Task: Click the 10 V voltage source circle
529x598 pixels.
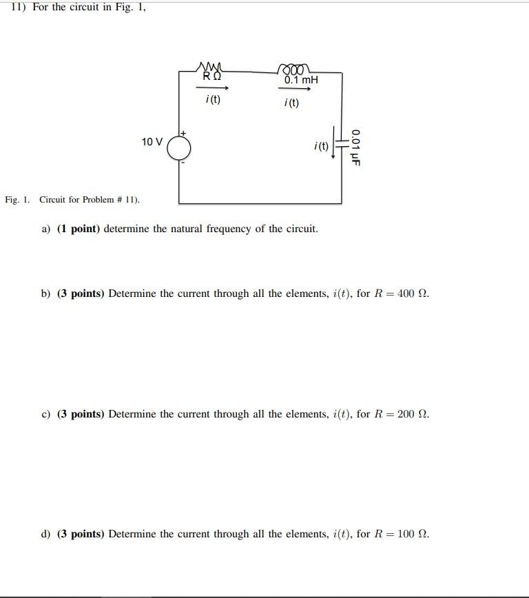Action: [x=179, y=146]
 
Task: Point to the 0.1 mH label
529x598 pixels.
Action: [x=301, y=80]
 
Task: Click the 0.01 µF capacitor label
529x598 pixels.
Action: [x=355, y=147]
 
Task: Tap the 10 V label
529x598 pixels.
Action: [x=152, y=142]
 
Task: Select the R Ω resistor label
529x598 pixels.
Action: [x=212, y=76]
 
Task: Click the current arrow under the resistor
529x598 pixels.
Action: [x=212, y=88]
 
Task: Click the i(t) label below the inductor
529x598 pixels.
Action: [x=291, y=103]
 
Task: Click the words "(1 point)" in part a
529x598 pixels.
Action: [x=79, y=229]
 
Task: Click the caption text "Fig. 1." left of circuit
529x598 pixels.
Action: [x=17, y=200]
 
